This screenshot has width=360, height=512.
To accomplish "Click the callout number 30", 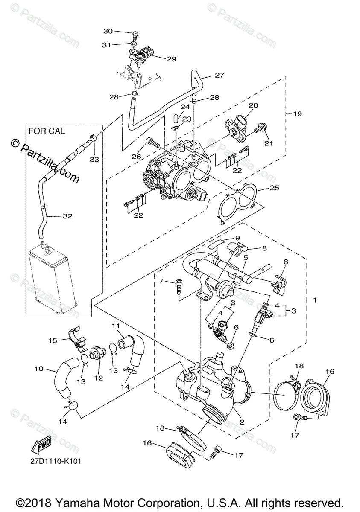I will click(x=108, y=31).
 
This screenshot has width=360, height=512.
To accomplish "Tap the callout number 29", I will click(x=171, y=59).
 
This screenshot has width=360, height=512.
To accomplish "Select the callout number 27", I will click(x=219, y=76).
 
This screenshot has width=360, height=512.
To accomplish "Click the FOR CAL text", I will click(x=47, y=131).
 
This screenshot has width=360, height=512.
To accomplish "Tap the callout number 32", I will click(x=67, y=216).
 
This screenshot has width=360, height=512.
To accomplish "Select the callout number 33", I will click(x=94, y=159).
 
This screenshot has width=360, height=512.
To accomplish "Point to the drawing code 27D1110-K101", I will click(x=56, y=461).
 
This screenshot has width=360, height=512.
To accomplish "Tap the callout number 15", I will click(x=53, y=340).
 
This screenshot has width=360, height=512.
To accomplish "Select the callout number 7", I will click(x=161, y=281).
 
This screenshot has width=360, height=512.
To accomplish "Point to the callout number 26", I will click(x=136, y=157).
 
